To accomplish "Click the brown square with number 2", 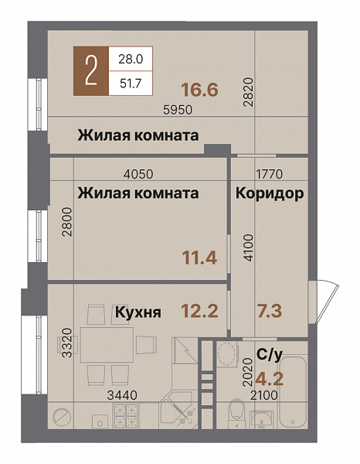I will (x=91, y=71).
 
